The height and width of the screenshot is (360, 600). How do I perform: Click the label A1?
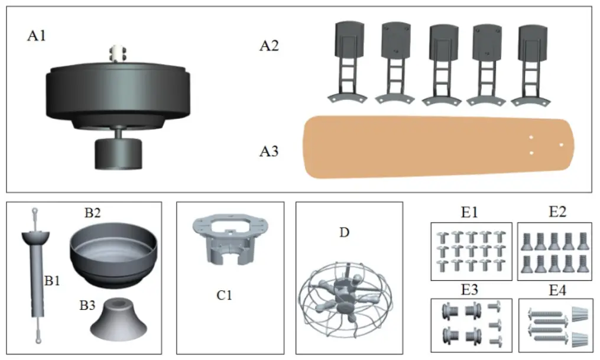(37, 36)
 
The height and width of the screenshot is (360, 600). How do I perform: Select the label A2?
(270, 46)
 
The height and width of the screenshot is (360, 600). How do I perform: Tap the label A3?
(270, 152)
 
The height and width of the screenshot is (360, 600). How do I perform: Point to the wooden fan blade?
(437, 146)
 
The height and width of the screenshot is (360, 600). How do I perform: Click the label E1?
(469, 211)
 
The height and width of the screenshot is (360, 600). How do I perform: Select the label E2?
(556, 211)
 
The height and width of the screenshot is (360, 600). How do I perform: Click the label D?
(344, 232)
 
